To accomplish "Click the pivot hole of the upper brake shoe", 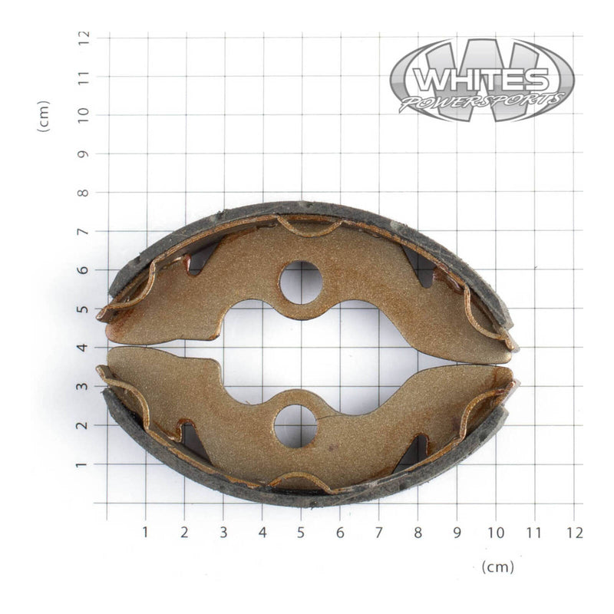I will (x=300, y=282).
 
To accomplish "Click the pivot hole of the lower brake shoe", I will (x=295, y=426).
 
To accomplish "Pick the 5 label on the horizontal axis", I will (x=301, y=531).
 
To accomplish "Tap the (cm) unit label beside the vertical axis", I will (x=44, y=115).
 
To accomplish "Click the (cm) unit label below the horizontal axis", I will (x=497, y=567).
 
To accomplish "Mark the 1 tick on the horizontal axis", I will (x=146, y=531).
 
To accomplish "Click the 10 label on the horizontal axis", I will (x=496, y=531).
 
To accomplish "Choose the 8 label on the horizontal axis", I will (x=418, y=531).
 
